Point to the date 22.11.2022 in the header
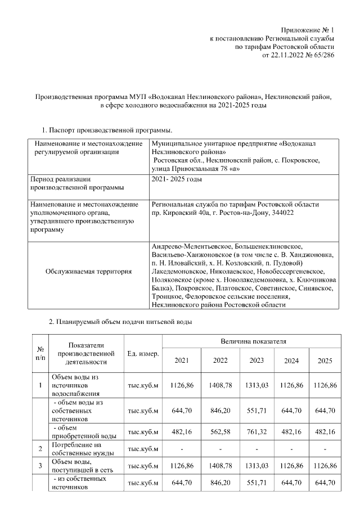[x=289, y=56]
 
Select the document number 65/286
[x=322, y=56]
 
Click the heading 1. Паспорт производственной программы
[x=105, y=130]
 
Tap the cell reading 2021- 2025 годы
[x=177, y=179]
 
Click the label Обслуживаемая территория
[x=88, y=272]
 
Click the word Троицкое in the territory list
[x=166, y=297]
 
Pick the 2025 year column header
[x=325, y=361]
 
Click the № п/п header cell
[x=40, y=353]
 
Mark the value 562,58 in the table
[x=220, y=432]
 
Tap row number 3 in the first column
[x=40, y=466]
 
